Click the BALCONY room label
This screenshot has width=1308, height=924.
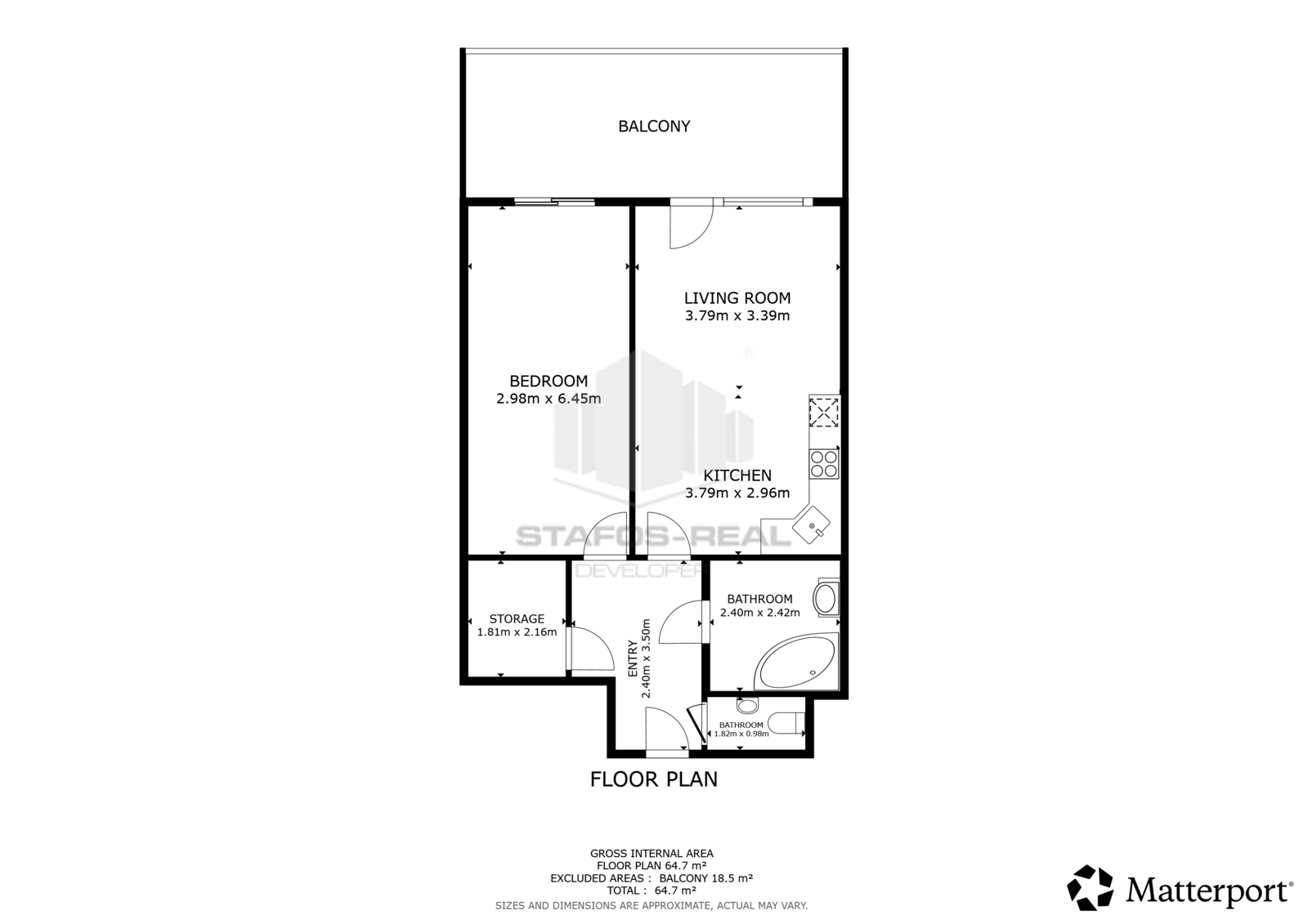[654, 126]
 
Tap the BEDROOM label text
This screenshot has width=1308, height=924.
[549, 382]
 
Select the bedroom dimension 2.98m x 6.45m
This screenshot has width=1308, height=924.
[549, 399]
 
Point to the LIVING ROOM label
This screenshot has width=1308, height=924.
[737, 298]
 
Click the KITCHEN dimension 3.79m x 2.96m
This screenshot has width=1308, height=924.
[737, 493]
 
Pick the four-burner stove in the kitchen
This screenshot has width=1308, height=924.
[824, 464]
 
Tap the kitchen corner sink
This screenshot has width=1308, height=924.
[811, 524]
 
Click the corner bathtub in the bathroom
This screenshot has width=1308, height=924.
[796, 662]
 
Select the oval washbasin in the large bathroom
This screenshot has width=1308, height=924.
[826, 599]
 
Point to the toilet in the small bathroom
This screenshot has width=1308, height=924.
[786, 724]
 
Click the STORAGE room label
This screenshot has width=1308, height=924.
[517, 618]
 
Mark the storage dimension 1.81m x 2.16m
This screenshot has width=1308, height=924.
[517, 632]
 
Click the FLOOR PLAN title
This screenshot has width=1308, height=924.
[654, 779]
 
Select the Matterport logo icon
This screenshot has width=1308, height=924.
[1091, 888]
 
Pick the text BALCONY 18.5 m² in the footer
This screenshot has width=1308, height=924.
[706, 878]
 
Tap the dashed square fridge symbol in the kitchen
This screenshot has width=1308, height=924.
[824, 412]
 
